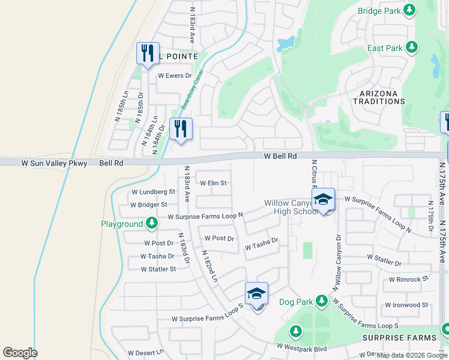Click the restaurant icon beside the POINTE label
(147, 53)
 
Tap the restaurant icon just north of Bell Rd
(180, 128)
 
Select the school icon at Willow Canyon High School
(323, 200)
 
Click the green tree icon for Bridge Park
(409, 10)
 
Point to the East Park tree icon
(411, 47)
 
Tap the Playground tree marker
(152, 224)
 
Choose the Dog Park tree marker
(322, 300)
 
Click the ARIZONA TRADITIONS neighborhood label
(382, 98)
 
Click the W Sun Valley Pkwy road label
(55, 163)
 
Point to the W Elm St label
(213, 183)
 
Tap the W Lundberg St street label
(153, 193)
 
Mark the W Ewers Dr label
(174, 76)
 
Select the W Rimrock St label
(409, 279)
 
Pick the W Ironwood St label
(406, 305)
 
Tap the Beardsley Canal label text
(193, 90)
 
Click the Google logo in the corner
(20, 352)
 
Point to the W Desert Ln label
(145, 353)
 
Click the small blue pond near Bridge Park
(286, 43)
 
